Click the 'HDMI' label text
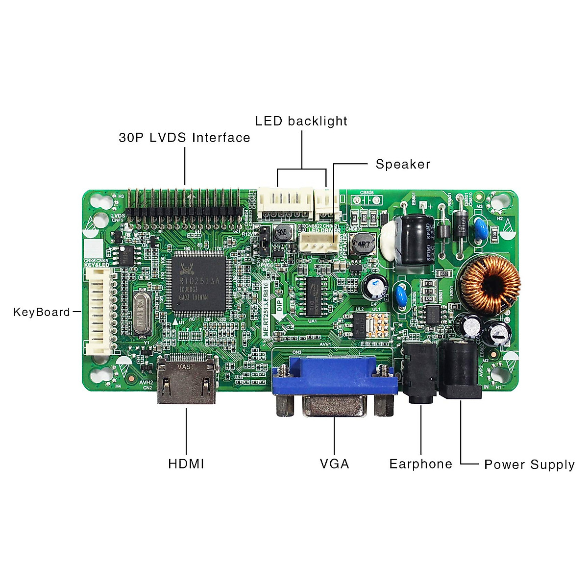point(186,464)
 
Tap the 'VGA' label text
point(335,464)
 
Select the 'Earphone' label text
point(420,464)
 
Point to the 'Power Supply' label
point(529,465)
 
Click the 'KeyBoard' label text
point(42,312)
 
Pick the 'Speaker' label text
point(403,164)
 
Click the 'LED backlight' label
point(301,121)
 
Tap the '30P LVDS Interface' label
point(184,138)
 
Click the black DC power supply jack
point(459,370)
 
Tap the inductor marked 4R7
point(362,244)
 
